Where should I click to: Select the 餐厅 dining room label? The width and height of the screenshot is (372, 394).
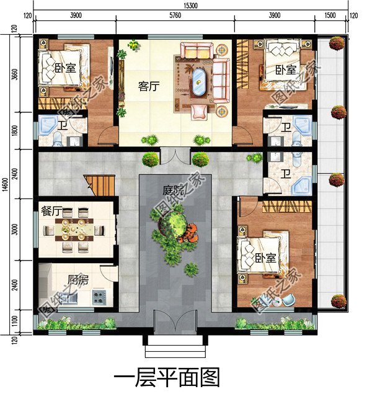point(51,211)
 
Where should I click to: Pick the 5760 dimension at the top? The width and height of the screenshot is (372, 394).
point(175,16)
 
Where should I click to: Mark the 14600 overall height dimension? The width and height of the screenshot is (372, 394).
point(6,183)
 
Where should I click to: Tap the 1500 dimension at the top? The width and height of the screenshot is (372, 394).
point(330,16)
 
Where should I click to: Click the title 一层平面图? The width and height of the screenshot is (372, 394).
point(167,376)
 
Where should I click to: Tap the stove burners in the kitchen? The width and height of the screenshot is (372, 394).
point(100,297)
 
